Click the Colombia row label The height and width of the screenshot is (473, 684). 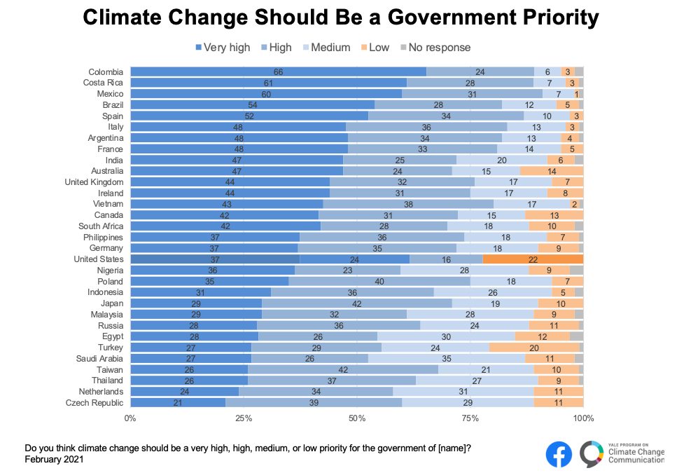(106, 71)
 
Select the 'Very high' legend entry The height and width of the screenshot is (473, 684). (222, 48)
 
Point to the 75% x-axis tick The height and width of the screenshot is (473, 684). (470, 418)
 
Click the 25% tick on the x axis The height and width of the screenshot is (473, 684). (244, 418)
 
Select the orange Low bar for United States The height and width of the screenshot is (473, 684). (533, 259)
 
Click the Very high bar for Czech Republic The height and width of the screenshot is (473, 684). (178, 403)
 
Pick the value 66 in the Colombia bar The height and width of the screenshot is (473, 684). (278, 71)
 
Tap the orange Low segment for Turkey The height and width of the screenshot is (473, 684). (534, 348)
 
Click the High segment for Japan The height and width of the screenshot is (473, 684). (356, 303)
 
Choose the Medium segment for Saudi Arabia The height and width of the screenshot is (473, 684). (447, 359)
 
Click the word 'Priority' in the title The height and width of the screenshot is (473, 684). (546, 18)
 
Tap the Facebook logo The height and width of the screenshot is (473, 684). (559, 454)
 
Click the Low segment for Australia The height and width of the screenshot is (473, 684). (552, 171)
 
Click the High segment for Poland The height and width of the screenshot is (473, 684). (380, 281)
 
